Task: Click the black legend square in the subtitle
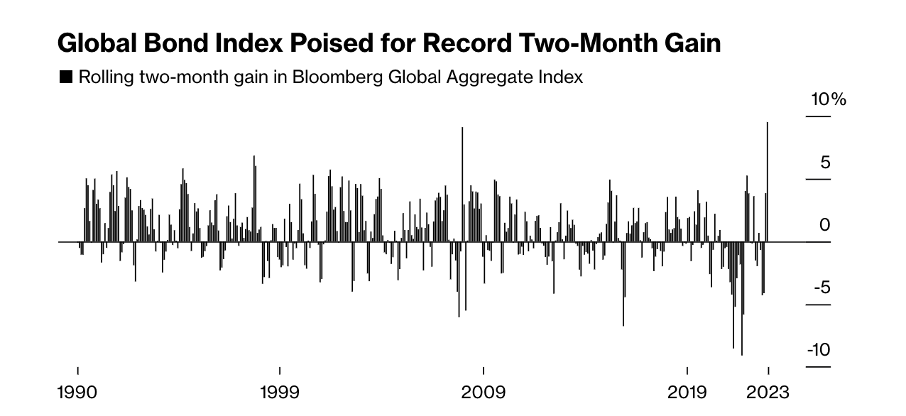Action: [x=66, y=77]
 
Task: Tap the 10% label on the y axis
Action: [x=829, y=99]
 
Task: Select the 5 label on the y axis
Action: [x=825, y=163]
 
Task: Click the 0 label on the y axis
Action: [x=825, y=225]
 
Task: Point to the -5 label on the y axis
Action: [x=819, y=288]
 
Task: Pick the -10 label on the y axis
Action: [x=818, y=350]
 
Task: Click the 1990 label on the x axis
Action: [x=77, y=393]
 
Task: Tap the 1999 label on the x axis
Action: [x=280, y=393]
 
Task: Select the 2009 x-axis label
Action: [x=483, y=393]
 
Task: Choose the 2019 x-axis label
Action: [x=687, y=393]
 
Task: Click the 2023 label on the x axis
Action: [x=768, y=393]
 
